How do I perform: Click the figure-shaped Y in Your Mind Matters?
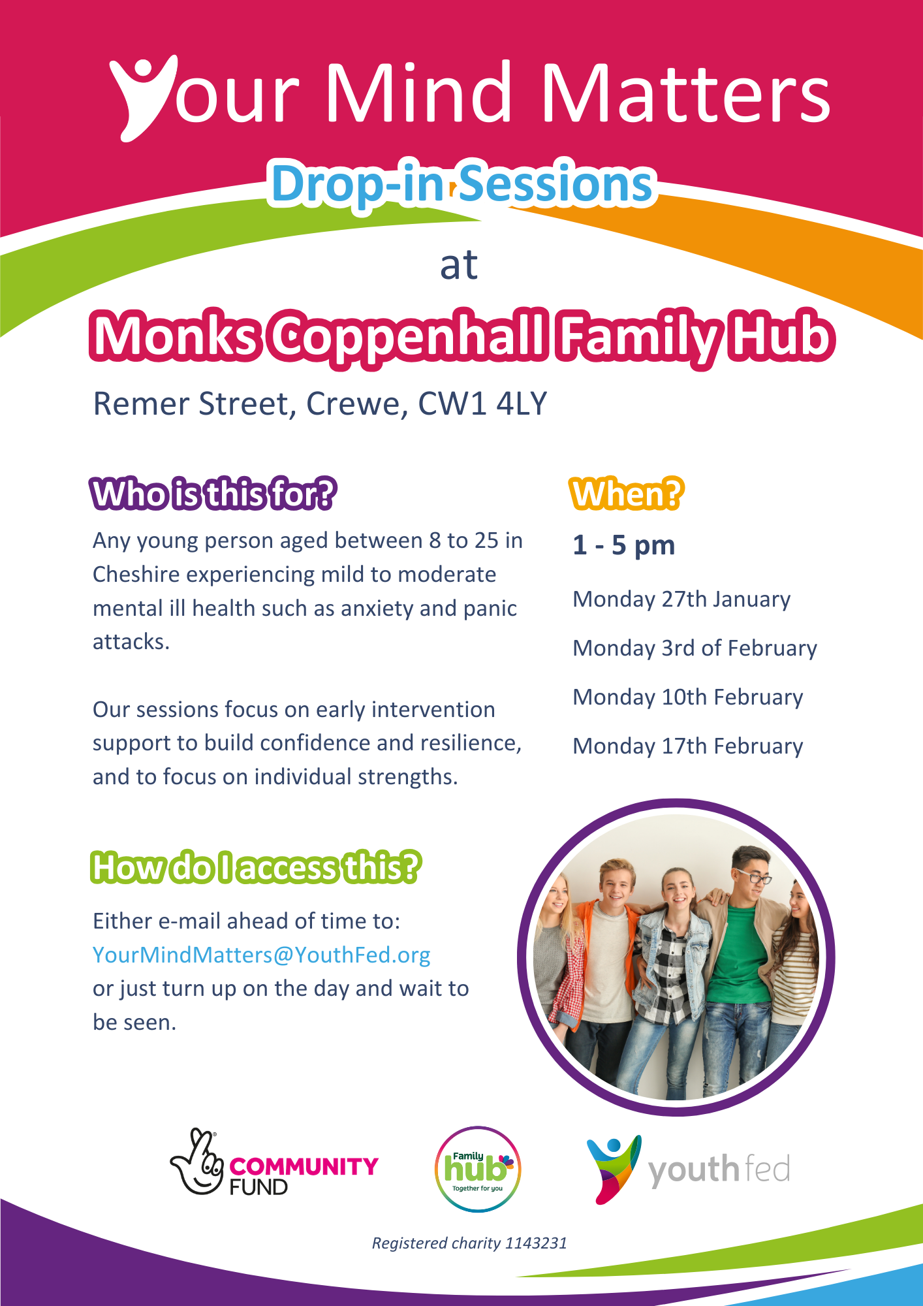coord(140,98)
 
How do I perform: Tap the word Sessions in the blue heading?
coord(556,183)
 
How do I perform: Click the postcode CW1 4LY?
coord(482,404)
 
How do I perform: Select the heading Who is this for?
coord(213,494)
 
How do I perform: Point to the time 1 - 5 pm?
coord(624,545)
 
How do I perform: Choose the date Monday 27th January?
coord(681,599)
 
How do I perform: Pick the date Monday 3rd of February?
coord(695,648)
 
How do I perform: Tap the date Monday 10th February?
coord(688,697)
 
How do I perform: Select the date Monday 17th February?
coord(688,746)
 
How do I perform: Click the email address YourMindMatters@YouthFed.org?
coord(261,955)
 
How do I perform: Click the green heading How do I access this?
coord(256,868)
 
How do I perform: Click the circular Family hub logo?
coord(478,1169)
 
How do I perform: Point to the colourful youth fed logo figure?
coord(614,1169)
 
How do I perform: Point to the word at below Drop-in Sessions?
coord(459,265)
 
